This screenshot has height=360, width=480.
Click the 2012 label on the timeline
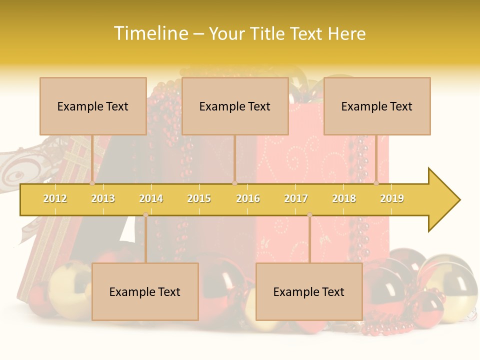tap(55, 198)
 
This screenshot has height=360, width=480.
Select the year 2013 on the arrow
tap(103, 198)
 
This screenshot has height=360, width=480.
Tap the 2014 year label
tap(151, 198)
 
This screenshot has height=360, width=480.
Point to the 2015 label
tap(199, 198)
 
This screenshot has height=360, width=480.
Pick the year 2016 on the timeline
tap(248, 198)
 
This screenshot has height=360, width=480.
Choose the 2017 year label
tap(296, 198)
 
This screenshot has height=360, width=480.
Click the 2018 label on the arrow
tap(344, 198)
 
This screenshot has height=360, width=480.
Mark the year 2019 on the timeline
tap(392, 198)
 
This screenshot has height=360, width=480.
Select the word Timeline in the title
tap(151, 33)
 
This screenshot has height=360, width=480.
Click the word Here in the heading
tap(346, 33)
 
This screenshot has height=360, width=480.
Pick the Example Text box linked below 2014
tap(145, 291)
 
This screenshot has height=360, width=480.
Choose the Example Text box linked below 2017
tap(309, 291)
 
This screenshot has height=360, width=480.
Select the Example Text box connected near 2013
tap(93, 106)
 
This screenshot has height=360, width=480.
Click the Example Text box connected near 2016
tap(235, 106)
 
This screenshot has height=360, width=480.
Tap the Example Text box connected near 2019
tap(377, 106)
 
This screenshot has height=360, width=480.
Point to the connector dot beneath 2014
tap(145, 214)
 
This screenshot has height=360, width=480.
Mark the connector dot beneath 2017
tap(309, 214)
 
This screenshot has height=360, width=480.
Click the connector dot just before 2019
tap(376, 183)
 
